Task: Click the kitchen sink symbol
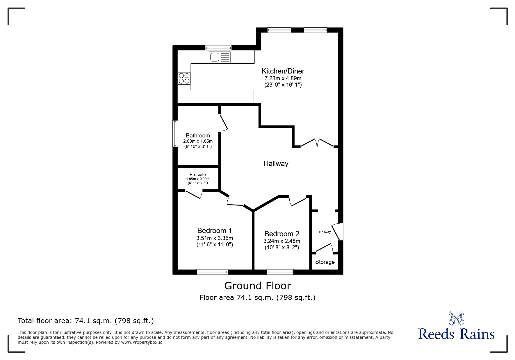(x=220, y=57)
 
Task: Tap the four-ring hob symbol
(x=184, y=78)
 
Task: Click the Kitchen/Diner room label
(x=283, y=71)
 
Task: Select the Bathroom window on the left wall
(x=175, y=134)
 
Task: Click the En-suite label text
(x=198, y=175)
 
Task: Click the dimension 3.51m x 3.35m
(x=215, y=238)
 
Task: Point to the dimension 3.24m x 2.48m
(x=281, y=241)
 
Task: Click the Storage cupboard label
(x=325, y=262)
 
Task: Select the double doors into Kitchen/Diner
(x=317, y=143)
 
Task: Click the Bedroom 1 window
(x=212, y=272)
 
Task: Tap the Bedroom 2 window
(x=280, y=272)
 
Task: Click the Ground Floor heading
(x=257, y=286)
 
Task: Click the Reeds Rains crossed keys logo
(x=456, y=318)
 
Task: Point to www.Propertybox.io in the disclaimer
(x=142, y=342)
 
